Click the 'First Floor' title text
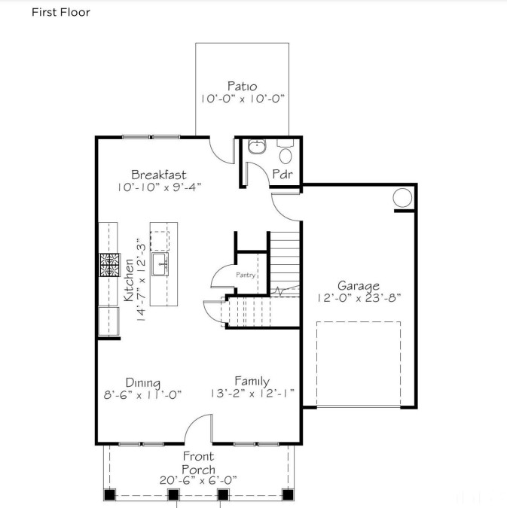[x=61, y=12]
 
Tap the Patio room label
[x=242, y=87]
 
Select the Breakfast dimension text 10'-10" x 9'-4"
[x=159, y=187]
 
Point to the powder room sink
[x=257, y=147]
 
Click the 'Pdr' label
[x=283, y=174]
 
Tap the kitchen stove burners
[x=110, y=265]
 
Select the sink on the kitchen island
[x=160, y=264]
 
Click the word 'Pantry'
[x=246, y=275]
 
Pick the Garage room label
[x=359, y=285]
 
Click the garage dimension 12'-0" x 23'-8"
[x=359, y=298]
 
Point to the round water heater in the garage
[x=402, y=197]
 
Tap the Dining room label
[x=142, y=382]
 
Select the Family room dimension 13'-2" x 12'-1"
[x=252, y=394]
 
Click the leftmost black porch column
[x=110, y=494]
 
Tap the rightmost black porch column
[x=288, y=494]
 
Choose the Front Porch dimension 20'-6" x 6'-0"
[x=198, y=480]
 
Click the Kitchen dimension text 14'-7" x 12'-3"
[x=142, y=280]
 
